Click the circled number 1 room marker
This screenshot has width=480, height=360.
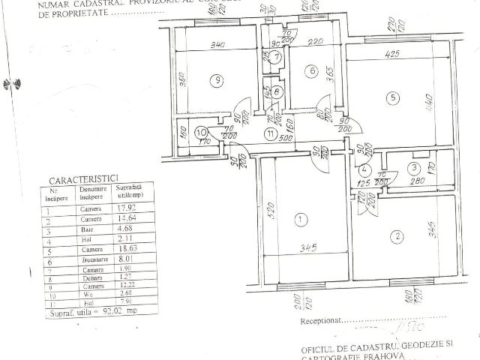point(301,220)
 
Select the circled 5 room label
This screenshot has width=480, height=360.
point(389,97)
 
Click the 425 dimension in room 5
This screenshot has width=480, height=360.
point(391,55)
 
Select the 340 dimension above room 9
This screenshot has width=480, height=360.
point(217,46)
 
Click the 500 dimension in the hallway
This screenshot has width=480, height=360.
point(285,139)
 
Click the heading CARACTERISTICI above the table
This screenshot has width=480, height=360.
point(82,179)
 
